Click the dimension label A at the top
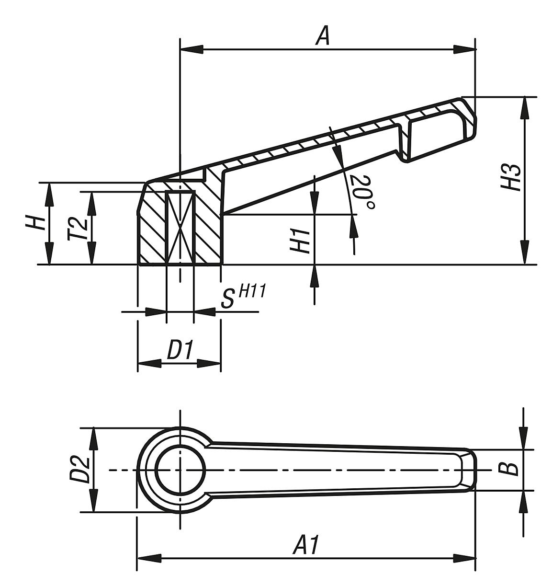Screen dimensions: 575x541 323,36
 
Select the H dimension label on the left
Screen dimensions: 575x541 36,223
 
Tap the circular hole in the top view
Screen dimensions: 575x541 180,470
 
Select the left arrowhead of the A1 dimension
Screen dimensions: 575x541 149,558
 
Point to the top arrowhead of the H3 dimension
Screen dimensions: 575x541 525,108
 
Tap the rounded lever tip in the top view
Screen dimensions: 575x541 469,470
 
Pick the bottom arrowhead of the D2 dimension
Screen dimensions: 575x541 94,501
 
